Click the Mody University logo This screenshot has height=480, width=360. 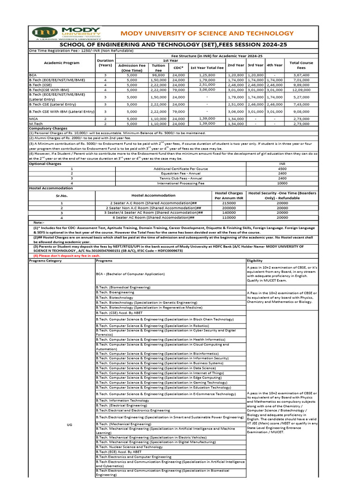click(x=67, y=34)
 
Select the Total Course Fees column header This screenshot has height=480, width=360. click(x=301, y=65)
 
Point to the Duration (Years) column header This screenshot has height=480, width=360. click(x=105, y=63)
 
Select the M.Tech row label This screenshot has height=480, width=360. click(x=36, y=124)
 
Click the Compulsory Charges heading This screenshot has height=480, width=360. click(x=48, y=128)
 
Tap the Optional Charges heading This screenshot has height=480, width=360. click(x=45, y=164)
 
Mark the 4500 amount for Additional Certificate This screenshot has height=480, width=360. click(x=282, y=169)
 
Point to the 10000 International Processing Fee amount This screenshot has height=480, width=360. click(x=282, y=183)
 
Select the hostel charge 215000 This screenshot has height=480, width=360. click(x=229, y=202)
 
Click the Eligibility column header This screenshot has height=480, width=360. click(x=255, y=261)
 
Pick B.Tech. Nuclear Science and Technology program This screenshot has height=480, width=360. click(x=129, y=447)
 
